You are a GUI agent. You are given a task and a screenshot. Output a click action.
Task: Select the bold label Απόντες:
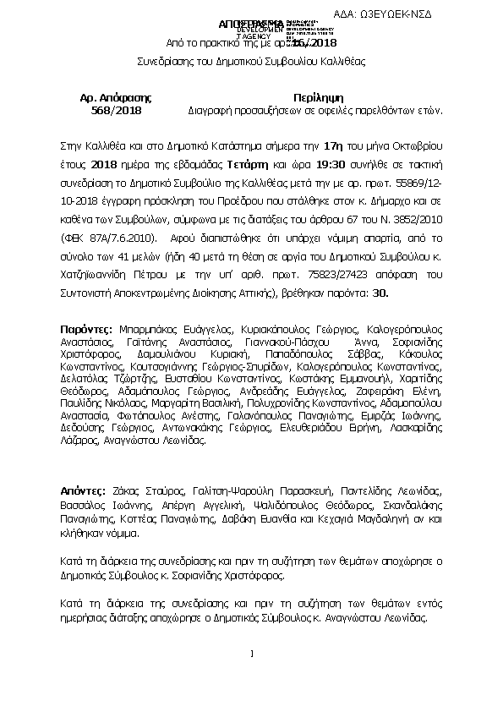85,490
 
